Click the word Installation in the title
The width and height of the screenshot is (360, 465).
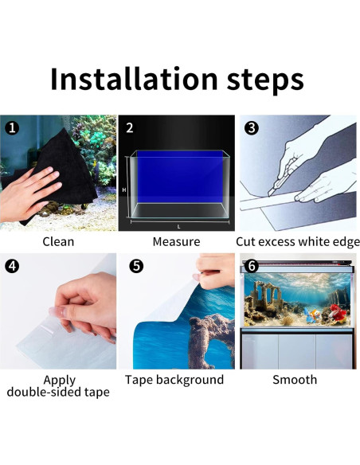coord(134,79)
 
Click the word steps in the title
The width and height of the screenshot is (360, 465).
coord(265,80)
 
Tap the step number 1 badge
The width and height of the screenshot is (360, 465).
coord(12,128)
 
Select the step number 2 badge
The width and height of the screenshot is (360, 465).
coord(130,128)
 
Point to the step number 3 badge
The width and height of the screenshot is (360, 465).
coord(252,128)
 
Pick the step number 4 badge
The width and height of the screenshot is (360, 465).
coord(12,266)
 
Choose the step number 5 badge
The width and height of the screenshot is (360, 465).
coord(136,266)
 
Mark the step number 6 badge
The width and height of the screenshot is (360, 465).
coord(252,266)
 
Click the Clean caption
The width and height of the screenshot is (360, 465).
coord(58,242)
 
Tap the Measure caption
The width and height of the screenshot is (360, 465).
coord(176,242)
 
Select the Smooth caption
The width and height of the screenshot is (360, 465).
coord(295,380)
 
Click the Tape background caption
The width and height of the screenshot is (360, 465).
coord(174,380)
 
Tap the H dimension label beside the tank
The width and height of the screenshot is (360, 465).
coord(124,190)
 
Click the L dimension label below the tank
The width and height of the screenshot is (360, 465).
coord(179,227)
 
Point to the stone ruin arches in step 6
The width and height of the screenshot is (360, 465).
coord(266,296)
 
